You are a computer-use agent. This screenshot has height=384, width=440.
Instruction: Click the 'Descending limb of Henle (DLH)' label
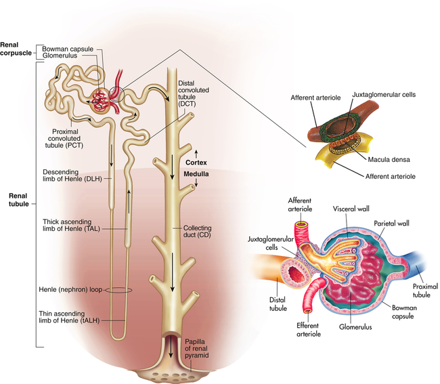[67, 175]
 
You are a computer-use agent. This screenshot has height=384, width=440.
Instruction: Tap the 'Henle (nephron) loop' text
[72, 290]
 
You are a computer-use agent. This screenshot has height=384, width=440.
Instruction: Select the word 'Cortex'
[198, 162]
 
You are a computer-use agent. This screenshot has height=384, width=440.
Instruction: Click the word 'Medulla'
[197, 174]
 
